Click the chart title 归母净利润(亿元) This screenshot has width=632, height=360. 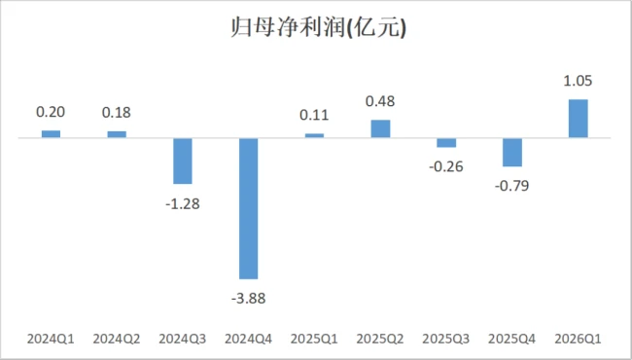(318, 28)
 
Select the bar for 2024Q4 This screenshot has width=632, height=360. (248, 208)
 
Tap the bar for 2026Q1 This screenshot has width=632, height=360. (578, 119)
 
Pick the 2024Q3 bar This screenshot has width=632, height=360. (183, 161)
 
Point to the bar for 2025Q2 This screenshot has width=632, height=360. (380, 128)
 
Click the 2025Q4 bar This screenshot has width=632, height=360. (512, 153)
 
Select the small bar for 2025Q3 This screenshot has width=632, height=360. (446, 143)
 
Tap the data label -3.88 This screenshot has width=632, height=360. (248, 299)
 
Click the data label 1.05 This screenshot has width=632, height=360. (578, 81)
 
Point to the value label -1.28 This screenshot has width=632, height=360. (183, 204)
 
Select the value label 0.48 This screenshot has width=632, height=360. (380, 101)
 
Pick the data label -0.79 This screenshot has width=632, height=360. (512, 186)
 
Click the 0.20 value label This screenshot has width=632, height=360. (51, 112)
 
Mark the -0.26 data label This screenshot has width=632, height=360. (446, 166)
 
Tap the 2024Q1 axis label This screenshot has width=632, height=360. (51, 339)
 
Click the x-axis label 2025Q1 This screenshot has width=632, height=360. (314, 339)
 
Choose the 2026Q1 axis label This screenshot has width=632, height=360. (578, 339)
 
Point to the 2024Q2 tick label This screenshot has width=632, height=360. (117, 339)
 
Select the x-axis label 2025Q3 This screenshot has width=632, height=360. (446, 339)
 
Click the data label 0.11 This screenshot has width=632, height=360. (314, 115)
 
